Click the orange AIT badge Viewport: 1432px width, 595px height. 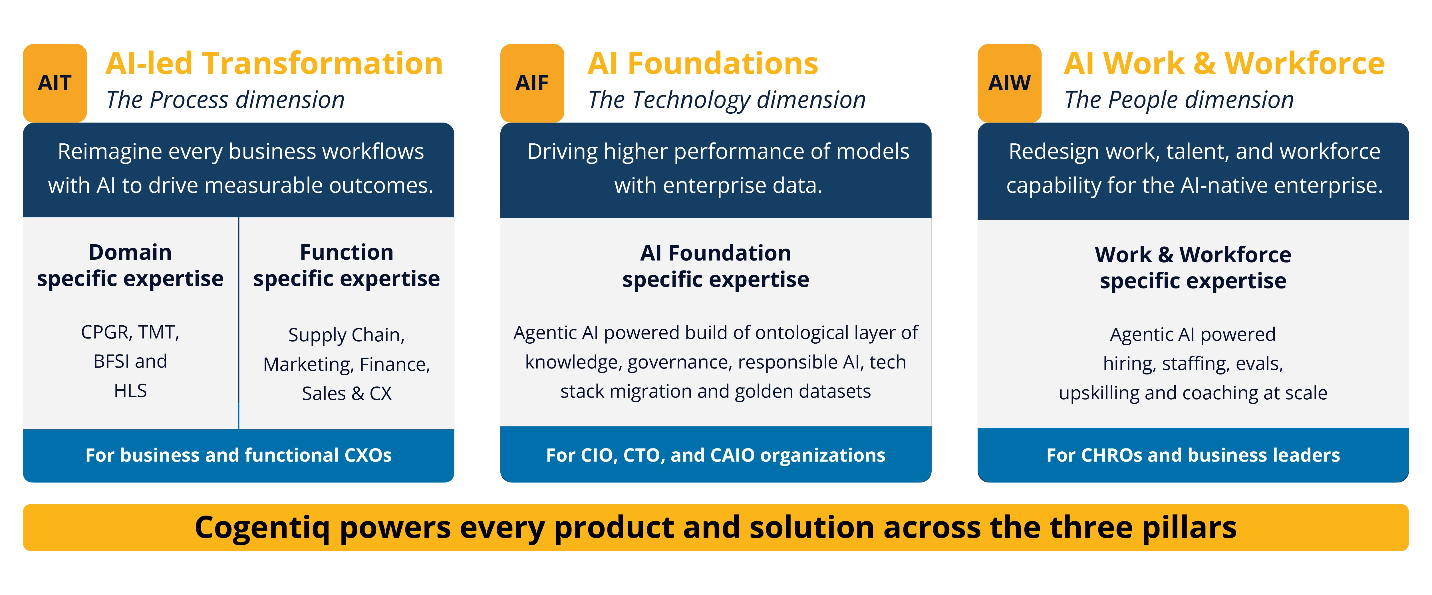(55, 83)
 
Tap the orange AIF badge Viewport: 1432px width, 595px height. (532, 83)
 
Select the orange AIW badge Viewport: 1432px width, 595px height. (1010, 83)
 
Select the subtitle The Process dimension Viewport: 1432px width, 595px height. (225, 100)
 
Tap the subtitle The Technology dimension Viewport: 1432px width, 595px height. (727, 100)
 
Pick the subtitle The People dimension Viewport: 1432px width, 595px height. (1179, 100)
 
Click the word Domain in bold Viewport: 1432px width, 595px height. (130, 253)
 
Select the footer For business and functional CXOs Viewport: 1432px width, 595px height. (239, 455)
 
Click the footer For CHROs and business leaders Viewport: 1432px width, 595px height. (1193, 455)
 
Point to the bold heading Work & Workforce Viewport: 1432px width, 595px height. (1193, 255)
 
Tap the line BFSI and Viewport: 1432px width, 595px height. (130, 361)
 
